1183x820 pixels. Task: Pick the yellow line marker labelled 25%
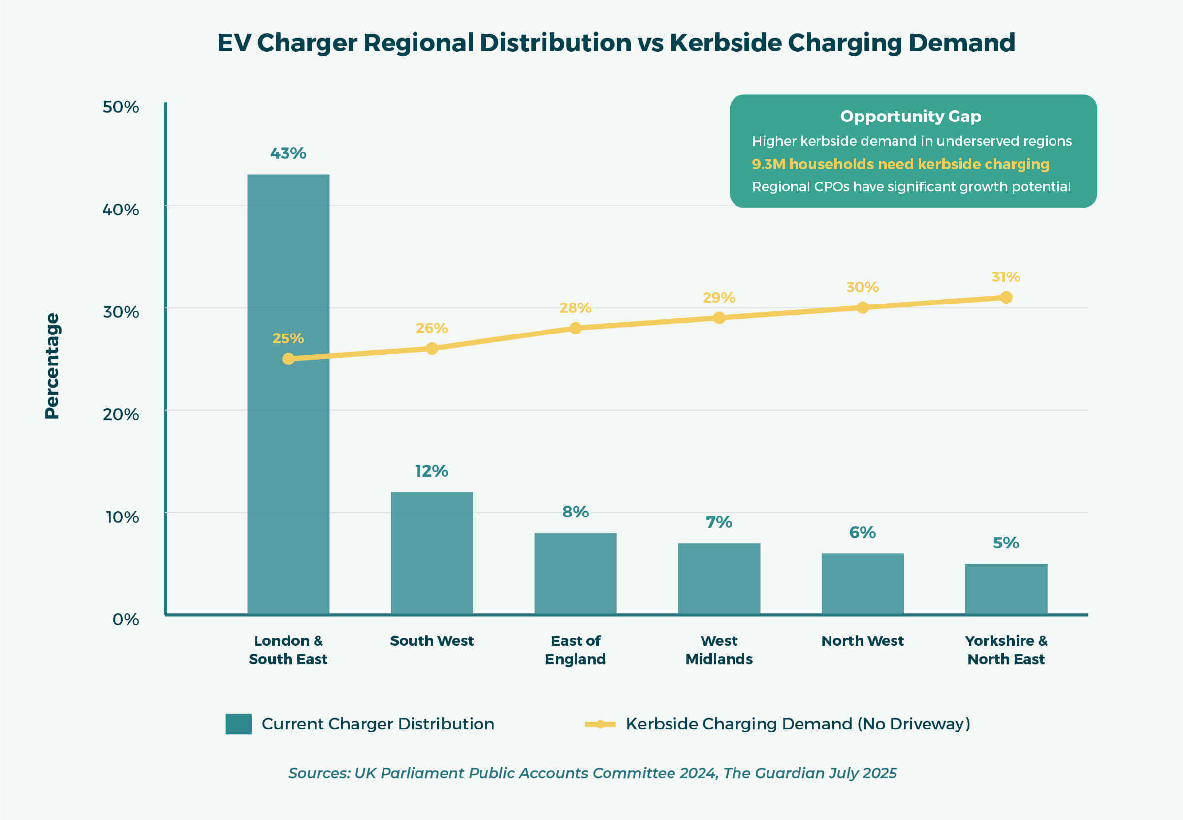pyautogui.click(x=288, y=359)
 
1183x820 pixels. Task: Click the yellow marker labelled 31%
pyautogui.click(x=1006, y=298)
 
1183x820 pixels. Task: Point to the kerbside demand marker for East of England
pyautogui.click(x=576, y=328)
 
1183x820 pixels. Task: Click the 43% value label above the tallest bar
pyautogui.click(x=288, y=153)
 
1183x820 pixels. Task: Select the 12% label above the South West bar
pyautogui.click(x=431, y=471)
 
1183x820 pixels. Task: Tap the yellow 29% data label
pyautogui.click(x=719, y=298)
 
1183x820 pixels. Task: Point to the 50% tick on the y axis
pyautogui.click(x=121, y=107)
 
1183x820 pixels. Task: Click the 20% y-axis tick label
pyautogui.click(x=121, y=414)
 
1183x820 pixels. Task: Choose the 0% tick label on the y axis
pyautogui.click(x=126, y=619)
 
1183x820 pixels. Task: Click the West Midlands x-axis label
pyautogui.click(x=719, y=649)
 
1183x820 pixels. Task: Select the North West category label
pyautogui.click(x=862, y=640)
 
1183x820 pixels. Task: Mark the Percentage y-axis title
pyautogui.click(x=52, y=366)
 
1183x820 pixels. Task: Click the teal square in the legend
pyautogui.click(x=239, y=724)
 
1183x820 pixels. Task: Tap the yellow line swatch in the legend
pyautogui.click(x=600, y=724)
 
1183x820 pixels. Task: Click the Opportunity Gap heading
pyautogui.click(x=911, y=116)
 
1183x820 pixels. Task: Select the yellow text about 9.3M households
pyautogui.click(x=900, y=164)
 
